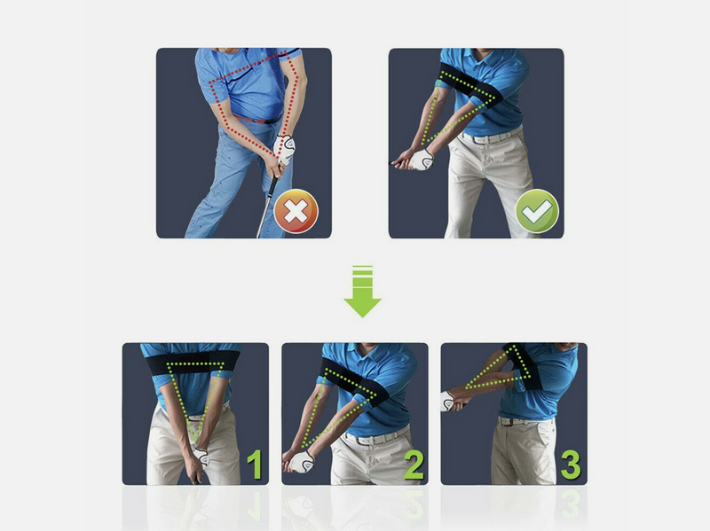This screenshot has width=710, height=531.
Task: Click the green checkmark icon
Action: coord(537,212)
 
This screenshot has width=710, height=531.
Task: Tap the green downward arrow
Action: coord(362,292)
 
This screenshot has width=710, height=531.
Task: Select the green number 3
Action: coord(572,465)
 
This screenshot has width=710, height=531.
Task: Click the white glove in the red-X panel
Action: coord(285,148)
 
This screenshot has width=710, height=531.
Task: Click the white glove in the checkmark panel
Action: coord(420,160)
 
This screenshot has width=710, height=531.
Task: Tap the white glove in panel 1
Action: coord(201,457)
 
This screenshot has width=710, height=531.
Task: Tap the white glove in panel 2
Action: coord(302,461)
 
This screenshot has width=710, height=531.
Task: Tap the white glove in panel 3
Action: coord(448,400)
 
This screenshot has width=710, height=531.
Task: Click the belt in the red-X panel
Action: coord(257,118)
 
